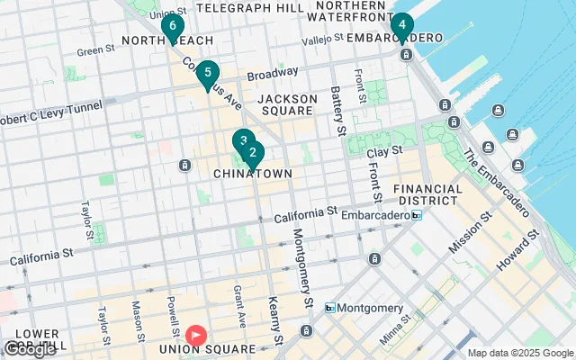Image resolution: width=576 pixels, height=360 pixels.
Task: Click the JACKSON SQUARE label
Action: [x=287, y=105]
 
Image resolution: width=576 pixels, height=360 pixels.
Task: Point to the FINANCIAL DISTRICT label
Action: [x=427, y=196]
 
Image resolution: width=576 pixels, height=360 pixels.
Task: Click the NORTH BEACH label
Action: [x=168, y=40]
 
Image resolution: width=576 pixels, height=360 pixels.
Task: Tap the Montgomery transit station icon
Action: [x=330, y=308]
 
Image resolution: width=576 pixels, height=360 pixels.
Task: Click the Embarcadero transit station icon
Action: [x=416, y=215]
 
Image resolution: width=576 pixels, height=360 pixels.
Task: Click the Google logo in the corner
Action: [x=29, y=349]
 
